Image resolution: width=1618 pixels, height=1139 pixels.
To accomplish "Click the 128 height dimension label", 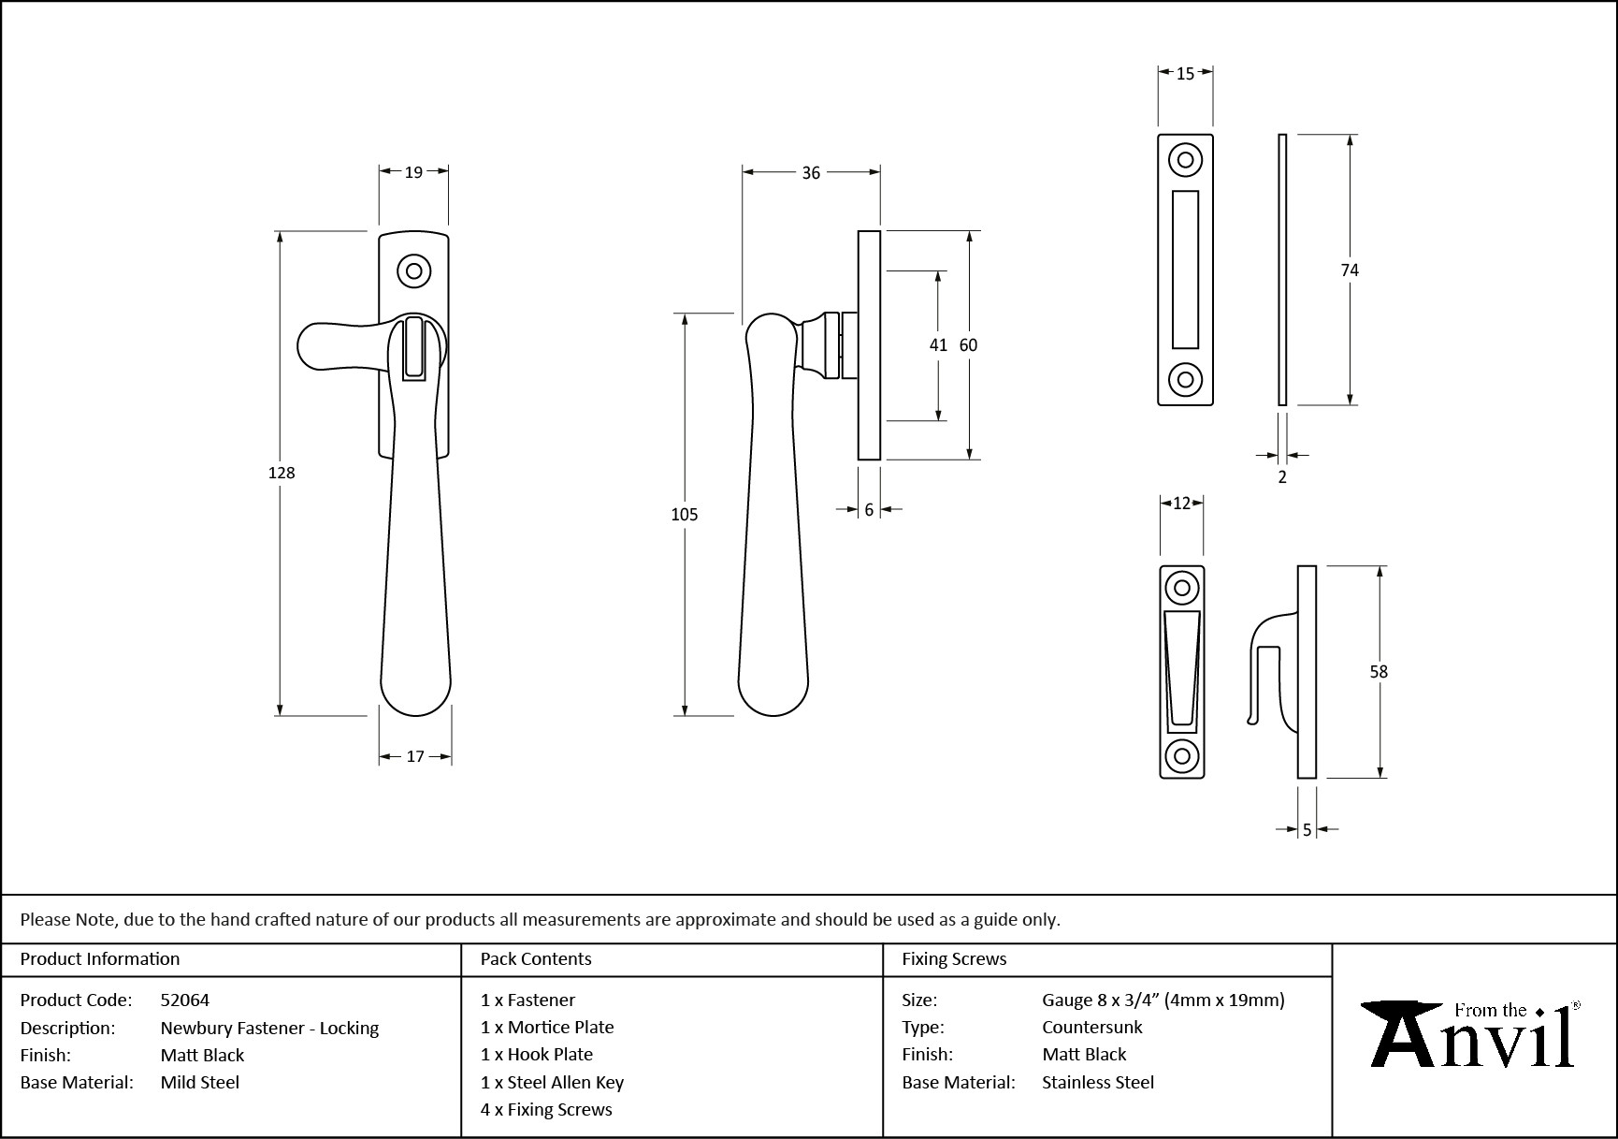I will (282, 473).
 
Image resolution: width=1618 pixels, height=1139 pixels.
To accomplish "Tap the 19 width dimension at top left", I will (413, 171).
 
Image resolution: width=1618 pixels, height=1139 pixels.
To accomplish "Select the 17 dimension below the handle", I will (415, 756).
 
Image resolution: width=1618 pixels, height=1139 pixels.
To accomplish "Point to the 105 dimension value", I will (685, 514).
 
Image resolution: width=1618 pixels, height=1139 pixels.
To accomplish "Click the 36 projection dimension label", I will (811, 172).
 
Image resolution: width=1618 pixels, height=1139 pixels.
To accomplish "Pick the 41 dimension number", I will (938, 345).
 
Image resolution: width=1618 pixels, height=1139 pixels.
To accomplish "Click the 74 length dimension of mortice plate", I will (1349, 270).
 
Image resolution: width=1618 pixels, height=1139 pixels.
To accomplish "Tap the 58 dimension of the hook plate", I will (1379, 671).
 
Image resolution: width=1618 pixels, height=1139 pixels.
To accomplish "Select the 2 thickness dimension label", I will (1282, 477).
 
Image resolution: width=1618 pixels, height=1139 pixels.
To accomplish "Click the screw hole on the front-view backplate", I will (413, 271).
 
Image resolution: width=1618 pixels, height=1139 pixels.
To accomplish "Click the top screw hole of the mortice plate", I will (1186, 160).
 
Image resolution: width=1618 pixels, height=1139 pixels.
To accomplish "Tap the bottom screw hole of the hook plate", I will (1182, 755).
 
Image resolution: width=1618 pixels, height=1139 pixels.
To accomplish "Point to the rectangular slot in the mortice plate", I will (1185, 270).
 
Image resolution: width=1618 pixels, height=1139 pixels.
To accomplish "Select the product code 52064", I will (185, 1000).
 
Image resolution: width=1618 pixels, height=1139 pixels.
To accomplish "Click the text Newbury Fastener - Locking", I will (269, 1028).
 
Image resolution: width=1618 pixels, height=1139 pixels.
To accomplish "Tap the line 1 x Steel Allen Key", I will (552, 1082).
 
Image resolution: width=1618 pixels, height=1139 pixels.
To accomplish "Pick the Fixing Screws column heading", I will (954, 958).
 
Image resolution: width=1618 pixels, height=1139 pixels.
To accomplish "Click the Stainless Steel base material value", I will (1098, 1082).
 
